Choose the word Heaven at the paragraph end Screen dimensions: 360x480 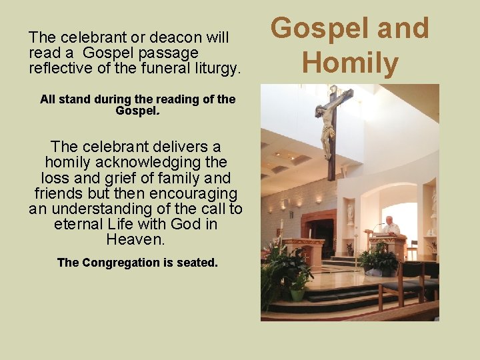click(x=135, y=239)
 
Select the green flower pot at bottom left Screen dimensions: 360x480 click(x=297, y=293)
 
